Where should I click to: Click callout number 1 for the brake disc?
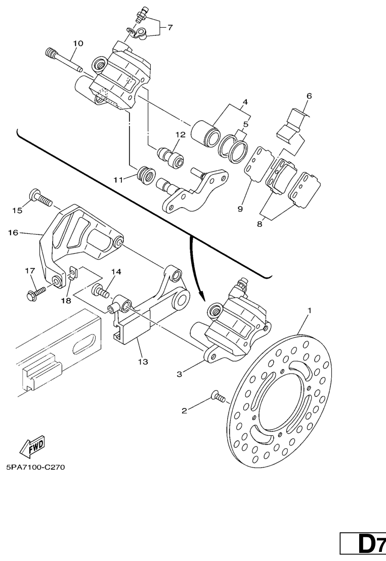coord(310,309)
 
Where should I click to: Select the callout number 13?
coord(143,362)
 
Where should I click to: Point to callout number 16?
coord(13,233)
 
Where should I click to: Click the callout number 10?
coord(77,43)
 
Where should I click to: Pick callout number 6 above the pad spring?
coord(309,95)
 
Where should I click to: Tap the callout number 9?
coord(240,208)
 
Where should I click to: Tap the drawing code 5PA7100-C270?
coord(35,467)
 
